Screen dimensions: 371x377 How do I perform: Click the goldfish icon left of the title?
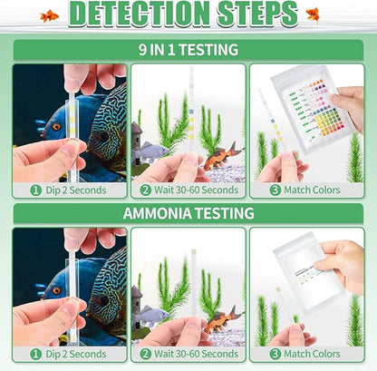[50, 15]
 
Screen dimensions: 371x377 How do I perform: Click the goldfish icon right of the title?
[313, 15]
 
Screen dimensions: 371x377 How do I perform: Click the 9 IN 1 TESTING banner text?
[188, 49]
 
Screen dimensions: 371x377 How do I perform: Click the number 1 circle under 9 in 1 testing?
[36, 190]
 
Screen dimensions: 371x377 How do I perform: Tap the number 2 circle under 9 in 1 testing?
[146, 190]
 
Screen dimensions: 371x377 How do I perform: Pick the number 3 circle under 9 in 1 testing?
[277, 190]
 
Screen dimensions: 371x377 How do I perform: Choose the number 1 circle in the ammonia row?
[36, 354]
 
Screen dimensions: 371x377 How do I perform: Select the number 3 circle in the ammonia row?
[277, 354]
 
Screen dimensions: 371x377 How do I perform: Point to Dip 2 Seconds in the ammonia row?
[74, 354]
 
